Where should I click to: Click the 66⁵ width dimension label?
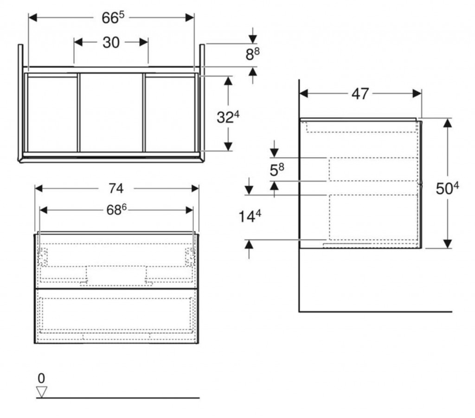tap(113, 18)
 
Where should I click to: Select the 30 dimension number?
tap(111, 43)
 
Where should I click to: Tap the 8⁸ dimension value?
tap(252, 55)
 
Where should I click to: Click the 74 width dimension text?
tap(116, 188)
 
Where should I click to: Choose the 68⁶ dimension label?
tap(116, 210)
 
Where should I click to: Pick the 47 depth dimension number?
tap(360, 94)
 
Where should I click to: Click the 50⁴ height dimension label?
tap(448, 188)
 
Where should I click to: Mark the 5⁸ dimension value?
tap(277, 170)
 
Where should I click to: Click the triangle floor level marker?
tap(42, 392)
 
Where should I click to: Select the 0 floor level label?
tap(41, 379)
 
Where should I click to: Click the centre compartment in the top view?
tap(111, 113)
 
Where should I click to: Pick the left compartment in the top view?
tap(52, 114)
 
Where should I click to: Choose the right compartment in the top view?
tap(170, 114)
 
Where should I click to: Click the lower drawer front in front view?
tap(116, 316)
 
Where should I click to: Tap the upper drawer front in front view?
tap(116, 260)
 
